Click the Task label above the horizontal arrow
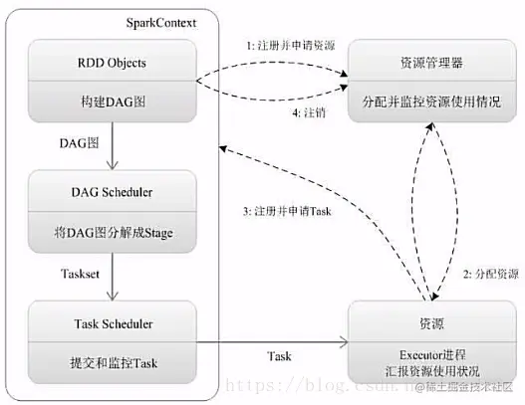point(279,327)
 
